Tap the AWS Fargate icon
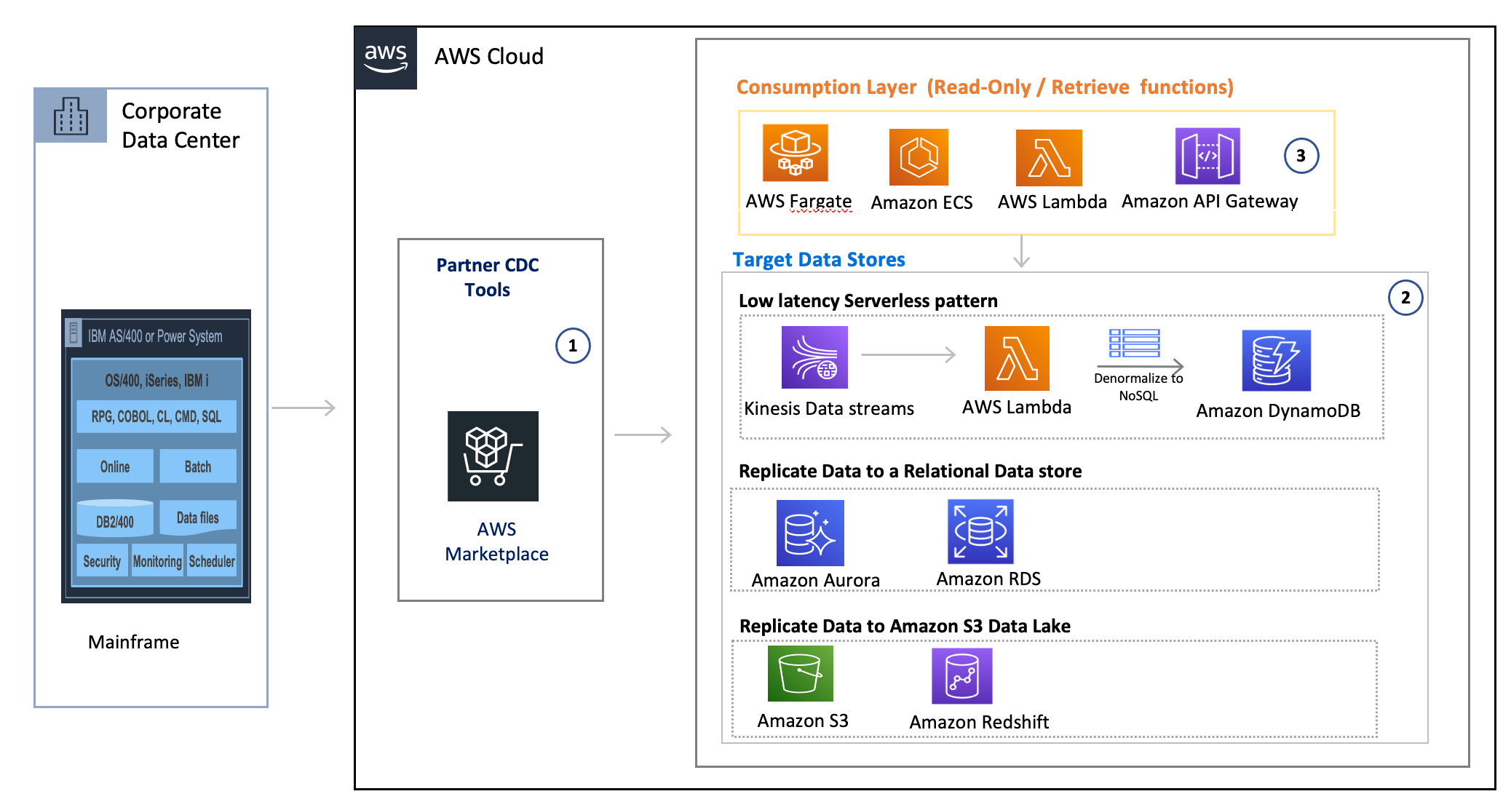click(795, 153)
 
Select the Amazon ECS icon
click(919, 157)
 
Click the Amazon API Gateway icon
click(1207, 156)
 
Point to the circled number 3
click(1301, 156)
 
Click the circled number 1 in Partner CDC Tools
click(573, 346)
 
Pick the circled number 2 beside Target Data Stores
click(1405, 298)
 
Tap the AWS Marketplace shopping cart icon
click(493, 456)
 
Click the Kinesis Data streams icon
click(814, 357)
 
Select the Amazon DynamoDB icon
click(1276, 361)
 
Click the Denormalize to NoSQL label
click(1138, 386)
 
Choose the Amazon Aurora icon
click(810, 533)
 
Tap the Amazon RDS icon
click(980, 531)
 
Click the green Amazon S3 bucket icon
click(800, 673)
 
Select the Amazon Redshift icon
click(961, 676)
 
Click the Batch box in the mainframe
click(198, 466)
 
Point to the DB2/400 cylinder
click(115, 517)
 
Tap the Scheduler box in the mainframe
click(212, 561)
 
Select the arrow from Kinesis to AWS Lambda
click(908, 354)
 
